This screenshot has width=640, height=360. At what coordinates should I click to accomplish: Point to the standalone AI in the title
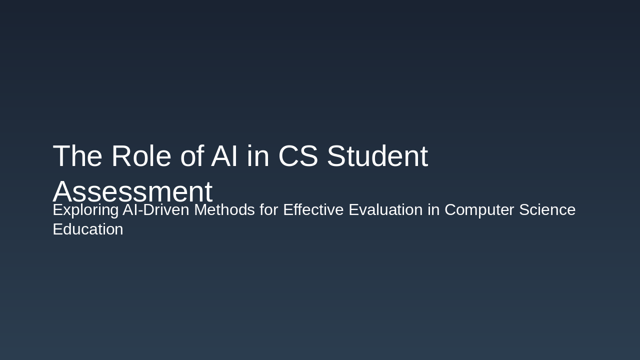click(224, 156)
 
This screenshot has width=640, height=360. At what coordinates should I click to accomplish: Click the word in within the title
click(258, 156)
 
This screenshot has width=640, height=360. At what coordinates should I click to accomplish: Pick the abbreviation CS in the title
click(298, 156)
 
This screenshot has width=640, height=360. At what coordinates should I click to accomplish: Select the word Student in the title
click(377, 156)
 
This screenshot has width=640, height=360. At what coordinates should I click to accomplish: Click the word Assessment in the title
click(132, 191)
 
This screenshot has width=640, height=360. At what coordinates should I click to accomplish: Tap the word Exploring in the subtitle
click(85, 210)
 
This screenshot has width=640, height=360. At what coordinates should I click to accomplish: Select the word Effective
click(313, 210)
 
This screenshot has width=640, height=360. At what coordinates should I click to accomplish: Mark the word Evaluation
click(385, 210)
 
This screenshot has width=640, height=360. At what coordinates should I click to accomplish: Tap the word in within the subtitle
click(433, 210)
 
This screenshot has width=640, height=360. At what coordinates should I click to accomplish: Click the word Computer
click(479, 210)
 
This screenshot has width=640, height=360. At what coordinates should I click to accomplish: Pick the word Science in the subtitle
click(547, 210)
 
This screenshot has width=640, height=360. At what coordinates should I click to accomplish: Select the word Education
click(88, 229)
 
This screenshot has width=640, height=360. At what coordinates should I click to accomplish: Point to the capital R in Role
click(121, 156)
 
